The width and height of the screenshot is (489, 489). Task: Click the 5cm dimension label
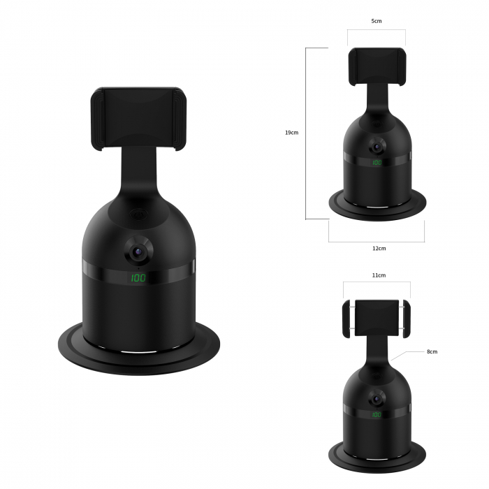click(x=377, y=22)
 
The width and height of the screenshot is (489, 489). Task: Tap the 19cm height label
click(x=292, y=133)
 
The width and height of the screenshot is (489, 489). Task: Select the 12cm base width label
click(x=379, y=248)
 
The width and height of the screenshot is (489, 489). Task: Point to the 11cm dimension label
click(x=378, y=276)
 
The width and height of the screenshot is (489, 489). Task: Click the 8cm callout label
click(x=432, y=351)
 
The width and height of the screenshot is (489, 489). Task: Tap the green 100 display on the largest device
click(x=138, y=278)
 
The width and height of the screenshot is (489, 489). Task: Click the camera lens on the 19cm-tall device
click(x=377, y=148)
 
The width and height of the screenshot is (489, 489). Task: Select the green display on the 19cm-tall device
click(x=377, y=163)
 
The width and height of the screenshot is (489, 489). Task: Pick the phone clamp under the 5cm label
click(x=377, y=67)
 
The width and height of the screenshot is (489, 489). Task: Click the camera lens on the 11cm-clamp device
click(x=377, y=400)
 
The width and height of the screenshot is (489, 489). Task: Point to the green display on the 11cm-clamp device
click(x=377, y=415)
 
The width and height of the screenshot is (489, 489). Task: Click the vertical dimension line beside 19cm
click(x=306, y=133)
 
